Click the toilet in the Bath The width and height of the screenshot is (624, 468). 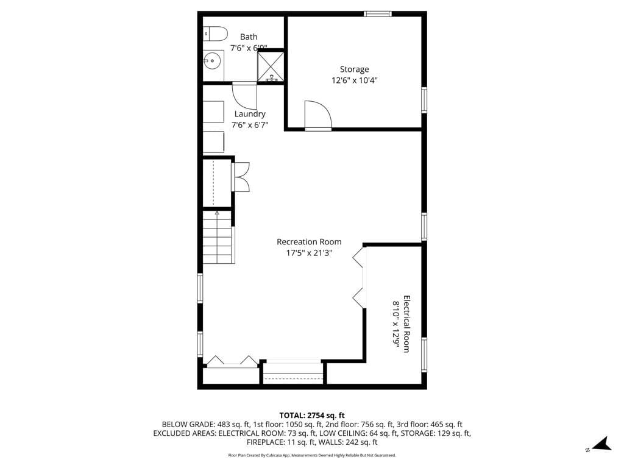pos(215,33)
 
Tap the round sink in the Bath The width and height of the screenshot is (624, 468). pos(212,60)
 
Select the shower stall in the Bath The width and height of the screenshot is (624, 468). pos(271,67)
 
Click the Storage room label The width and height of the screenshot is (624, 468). pos(354,69)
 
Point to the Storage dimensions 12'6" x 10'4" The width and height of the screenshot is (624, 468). pos(354,80)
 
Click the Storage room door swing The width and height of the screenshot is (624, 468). pos(317,115)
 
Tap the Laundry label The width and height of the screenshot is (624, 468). pos(250,114)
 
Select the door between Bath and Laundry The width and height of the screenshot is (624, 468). pos(245,94)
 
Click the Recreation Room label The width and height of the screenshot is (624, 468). pos(309,242)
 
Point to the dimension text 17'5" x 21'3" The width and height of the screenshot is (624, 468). pos(309,253)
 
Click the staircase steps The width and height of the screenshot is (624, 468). pos(218,238)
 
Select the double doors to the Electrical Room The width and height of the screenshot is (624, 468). pos(360,277)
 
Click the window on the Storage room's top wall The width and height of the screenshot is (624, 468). pos(377,13)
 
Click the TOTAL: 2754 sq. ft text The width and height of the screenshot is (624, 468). pos(312,415)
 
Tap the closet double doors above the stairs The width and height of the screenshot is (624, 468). pos(240,177)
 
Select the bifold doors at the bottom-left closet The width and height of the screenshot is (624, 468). pos(232,362)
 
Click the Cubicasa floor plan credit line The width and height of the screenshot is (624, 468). pos(312,455)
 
